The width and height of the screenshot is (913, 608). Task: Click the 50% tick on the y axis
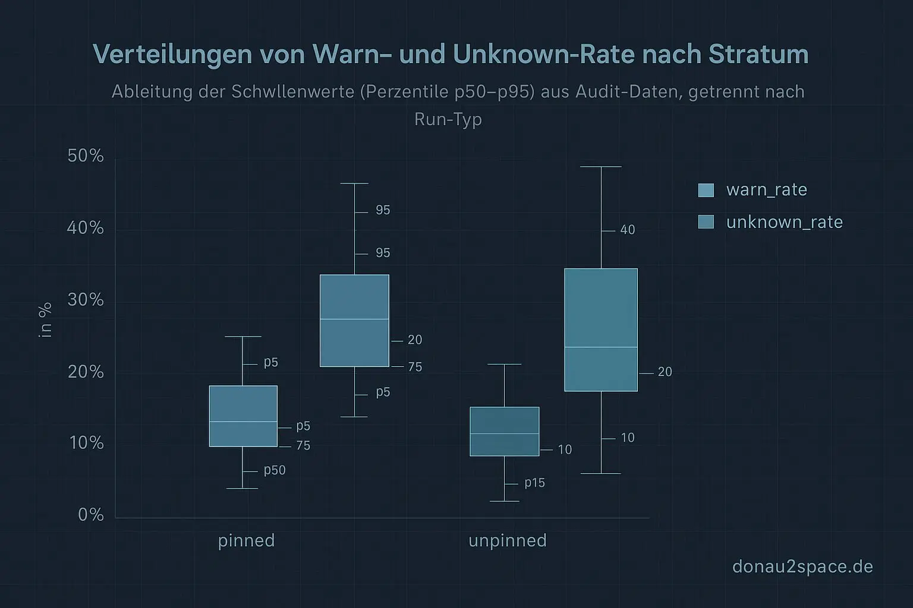86,156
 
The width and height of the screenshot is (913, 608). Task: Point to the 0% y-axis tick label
91,515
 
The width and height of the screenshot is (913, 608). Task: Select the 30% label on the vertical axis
86,300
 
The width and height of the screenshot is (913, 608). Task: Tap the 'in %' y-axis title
45,320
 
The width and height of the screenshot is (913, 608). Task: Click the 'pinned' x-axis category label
246,541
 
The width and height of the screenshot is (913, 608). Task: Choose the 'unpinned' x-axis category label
507,541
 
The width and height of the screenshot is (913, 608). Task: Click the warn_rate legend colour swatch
706,190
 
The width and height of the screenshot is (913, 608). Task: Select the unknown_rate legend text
784,222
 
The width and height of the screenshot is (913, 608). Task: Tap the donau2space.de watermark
802,566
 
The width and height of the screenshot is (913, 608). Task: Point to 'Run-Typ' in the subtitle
448,119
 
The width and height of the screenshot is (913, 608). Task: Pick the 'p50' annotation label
275,470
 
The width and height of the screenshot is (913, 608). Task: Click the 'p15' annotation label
534,483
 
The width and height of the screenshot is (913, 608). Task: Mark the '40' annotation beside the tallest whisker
628,230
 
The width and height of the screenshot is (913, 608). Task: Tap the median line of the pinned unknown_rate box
354,319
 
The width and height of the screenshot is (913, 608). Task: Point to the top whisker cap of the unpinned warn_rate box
504,364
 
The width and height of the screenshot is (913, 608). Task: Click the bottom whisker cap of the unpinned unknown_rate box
601,473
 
